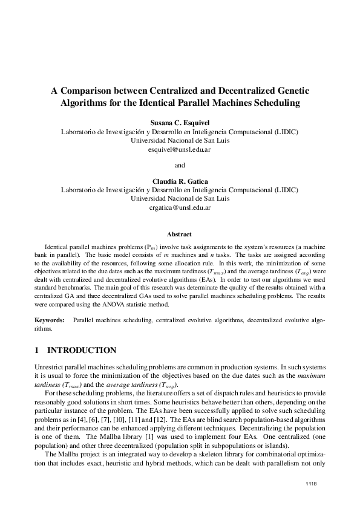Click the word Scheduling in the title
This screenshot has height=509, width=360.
point(273,103)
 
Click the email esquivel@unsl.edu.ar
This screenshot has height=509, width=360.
point(179,149)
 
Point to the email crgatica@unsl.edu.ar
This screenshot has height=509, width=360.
point(179,207)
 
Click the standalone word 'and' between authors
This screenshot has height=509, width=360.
point(179,165)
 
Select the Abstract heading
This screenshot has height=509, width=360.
point(179,234)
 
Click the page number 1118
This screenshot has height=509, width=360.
point(312,484)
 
